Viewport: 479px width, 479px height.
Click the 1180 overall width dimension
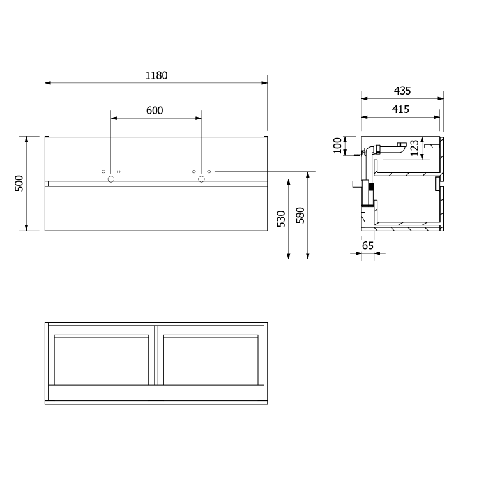click(x=156, y=75)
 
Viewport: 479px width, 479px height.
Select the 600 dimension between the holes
click(x=155, y=110)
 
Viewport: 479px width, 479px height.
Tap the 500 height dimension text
click(x=19, y=183)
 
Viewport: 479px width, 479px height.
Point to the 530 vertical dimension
click(x=281, y=218)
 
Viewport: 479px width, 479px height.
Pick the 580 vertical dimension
click(x=300, y=218)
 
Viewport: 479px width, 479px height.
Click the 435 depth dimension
click(x=402, y=91)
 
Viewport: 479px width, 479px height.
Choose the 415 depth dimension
click(x=400, y=109)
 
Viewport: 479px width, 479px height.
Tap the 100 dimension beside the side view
click(x=338, y=146)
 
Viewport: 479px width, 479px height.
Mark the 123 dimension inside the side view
click(x=414, y=148)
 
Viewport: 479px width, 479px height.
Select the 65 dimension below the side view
click(x=367, y=245)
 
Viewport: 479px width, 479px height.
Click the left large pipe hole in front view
click(x=110, y=178)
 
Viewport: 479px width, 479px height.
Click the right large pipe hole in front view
click(x=201, y=178)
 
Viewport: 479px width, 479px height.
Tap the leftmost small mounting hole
click(x=103, y=172)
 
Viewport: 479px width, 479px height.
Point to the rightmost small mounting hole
click(x=209, y=172)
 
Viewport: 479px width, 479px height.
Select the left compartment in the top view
click(x=102, y=360)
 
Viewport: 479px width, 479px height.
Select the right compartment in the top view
click(x=211, y=360)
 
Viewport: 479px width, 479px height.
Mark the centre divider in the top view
click(x=156, y=354)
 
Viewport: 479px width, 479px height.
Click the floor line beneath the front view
click(x=156, y=259)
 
